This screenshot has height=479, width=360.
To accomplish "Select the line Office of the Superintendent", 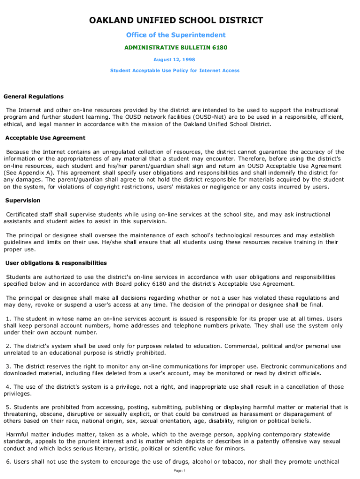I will point(176,35).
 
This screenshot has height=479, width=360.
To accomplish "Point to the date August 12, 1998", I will point(174,59).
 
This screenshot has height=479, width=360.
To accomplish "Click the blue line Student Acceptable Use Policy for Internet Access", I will point(175,71).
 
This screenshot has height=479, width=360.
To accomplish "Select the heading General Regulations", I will point(34,96).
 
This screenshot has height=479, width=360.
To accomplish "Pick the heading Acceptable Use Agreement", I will point(45,138).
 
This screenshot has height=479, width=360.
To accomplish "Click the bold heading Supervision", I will point(22,200).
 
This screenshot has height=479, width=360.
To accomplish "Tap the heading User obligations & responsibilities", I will point(56,263).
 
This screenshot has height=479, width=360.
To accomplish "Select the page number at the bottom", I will point(180,471).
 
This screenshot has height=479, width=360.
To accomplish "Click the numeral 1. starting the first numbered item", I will point(8,319).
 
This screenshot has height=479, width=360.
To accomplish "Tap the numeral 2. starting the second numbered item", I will point(8,346).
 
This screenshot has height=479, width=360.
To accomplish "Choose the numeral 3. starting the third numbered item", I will point(8,366).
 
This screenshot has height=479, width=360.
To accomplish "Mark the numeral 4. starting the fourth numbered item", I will point(8,387).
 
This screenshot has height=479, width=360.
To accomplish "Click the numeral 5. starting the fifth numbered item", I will point(8,407).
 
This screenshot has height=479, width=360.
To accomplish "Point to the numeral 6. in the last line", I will point(8,462).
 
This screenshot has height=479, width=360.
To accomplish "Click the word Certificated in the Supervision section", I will point(22,214).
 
